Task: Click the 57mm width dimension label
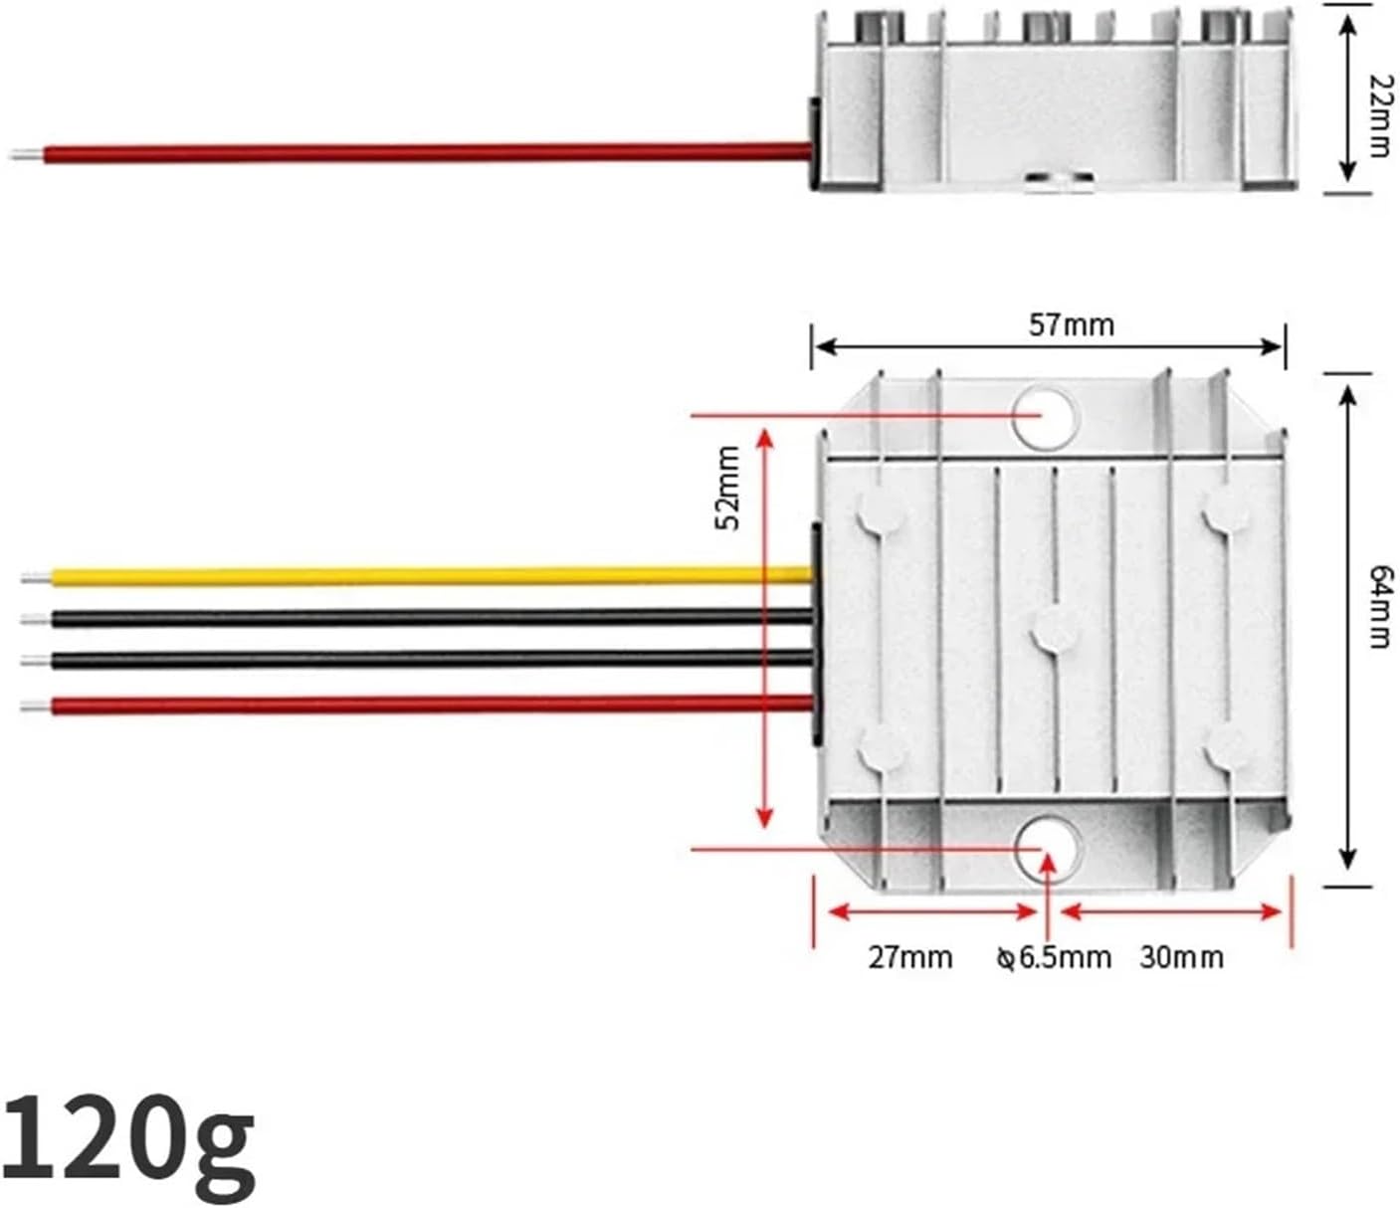(x=1071, y=325)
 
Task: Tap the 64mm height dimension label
(x=1379, y=606)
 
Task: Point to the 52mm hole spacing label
(x=728, y=488)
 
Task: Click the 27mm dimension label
(x=909, y=957)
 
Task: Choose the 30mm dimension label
(x=1181, y=957)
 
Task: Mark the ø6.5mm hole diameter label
(x=1054, y=957)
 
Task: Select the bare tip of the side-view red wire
(x=25, y=155)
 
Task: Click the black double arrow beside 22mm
(x=1347, y=100)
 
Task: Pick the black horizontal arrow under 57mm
(x=1049, y=346)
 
